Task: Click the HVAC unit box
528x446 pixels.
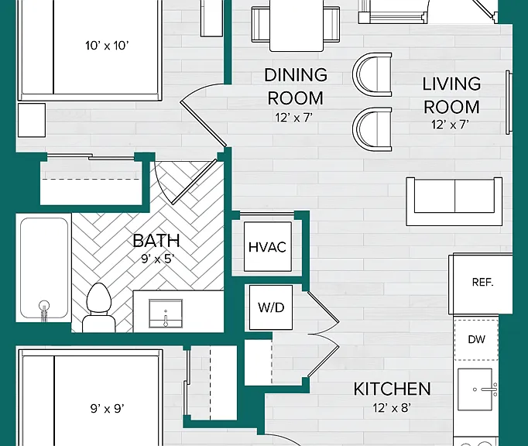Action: tap(268, 246)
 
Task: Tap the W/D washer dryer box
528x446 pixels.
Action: tap(271, 307)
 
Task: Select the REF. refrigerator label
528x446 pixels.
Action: tap(482, 282)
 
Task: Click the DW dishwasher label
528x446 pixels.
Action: tap(476, 339)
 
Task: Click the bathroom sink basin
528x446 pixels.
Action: tap(166, 314)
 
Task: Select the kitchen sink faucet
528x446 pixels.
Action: tap(490, 389)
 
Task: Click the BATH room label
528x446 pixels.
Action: tap(156, 241)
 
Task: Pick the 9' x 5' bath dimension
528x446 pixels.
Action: tap(157, 259)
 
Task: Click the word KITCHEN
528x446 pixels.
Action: tap(392, 389)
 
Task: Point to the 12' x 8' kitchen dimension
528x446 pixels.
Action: tap(392, 408)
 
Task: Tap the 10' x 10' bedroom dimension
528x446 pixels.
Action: tap(107, 46)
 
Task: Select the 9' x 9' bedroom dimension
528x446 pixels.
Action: tap(107, 409)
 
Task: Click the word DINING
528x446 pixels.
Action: tap(296, 75)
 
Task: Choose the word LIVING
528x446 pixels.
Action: tap(451, 84)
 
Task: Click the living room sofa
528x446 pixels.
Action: tap(454, 201)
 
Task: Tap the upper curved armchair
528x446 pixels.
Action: tap(372, 74)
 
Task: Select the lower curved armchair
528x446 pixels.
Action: tap(372, 129)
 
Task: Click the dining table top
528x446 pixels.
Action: tap(297, 26)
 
